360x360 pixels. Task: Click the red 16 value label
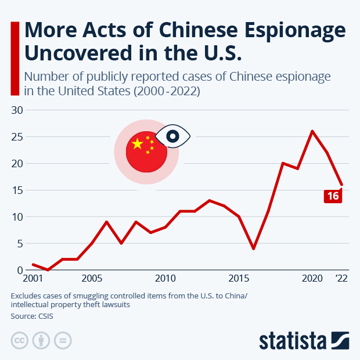[x=333, y=196]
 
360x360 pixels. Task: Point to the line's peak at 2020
[x=312, y=131]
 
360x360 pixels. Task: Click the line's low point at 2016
[x=253, y=249]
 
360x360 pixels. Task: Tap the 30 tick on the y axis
[x=17, y=110]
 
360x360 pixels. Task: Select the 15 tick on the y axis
[x=17, y=190]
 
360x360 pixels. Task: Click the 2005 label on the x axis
[x=91, y=278]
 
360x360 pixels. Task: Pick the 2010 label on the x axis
[x=165, y=278]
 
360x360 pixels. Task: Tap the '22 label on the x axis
[x=342, y=278]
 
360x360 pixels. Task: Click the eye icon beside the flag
[x=172, y=136]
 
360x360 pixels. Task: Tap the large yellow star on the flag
[x=138, y=143]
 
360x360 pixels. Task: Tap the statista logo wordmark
[x=293, y=340]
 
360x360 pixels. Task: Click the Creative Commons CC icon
[x=20, y=340]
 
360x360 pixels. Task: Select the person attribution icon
[x=41, y=340]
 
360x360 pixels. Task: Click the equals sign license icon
[x=62, y=340]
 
